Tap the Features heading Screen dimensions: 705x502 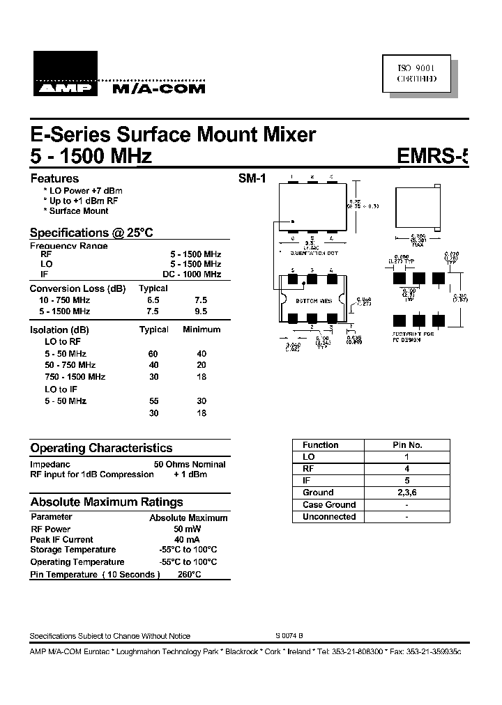54,178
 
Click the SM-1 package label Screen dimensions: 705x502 252,179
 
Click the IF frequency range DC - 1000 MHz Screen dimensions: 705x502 192,274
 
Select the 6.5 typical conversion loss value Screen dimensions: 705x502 153,300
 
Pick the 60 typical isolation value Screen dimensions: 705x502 153,354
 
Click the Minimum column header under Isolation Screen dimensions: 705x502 201,330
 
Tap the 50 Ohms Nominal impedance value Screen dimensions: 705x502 190,464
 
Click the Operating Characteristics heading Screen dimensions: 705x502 101,449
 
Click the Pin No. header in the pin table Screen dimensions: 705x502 407,445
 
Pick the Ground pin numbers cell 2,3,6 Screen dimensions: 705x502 407,493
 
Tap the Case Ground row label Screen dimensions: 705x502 329,505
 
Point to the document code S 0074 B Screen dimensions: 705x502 289,636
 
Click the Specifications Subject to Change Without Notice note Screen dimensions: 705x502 109,636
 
